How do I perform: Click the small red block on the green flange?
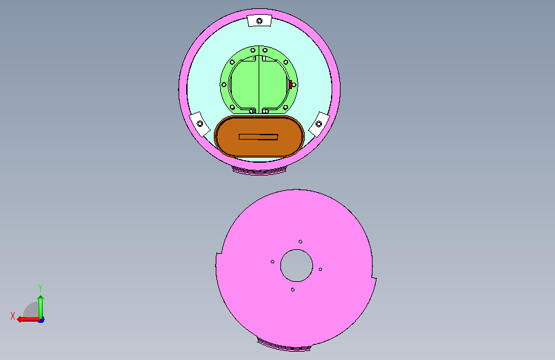290,85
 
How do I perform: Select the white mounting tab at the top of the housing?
259,20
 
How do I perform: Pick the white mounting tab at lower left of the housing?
200,124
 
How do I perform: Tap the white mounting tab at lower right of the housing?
319,124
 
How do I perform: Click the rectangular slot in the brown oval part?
259,137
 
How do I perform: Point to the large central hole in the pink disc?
296,265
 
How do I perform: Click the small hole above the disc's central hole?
300,241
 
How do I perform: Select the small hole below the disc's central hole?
293,290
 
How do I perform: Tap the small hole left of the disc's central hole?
273,262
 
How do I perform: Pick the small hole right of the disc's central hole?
320,269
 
